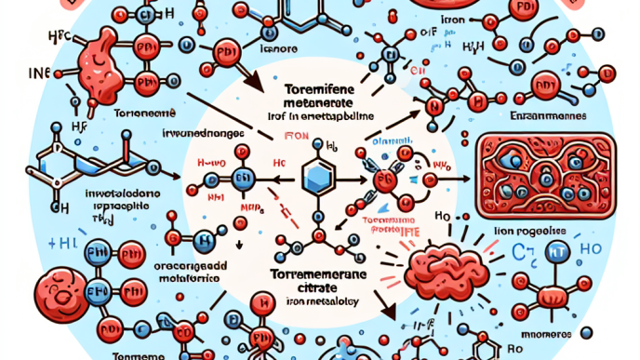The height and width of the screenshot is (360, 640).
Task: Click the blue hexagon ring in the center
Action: tap(319, 175)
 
